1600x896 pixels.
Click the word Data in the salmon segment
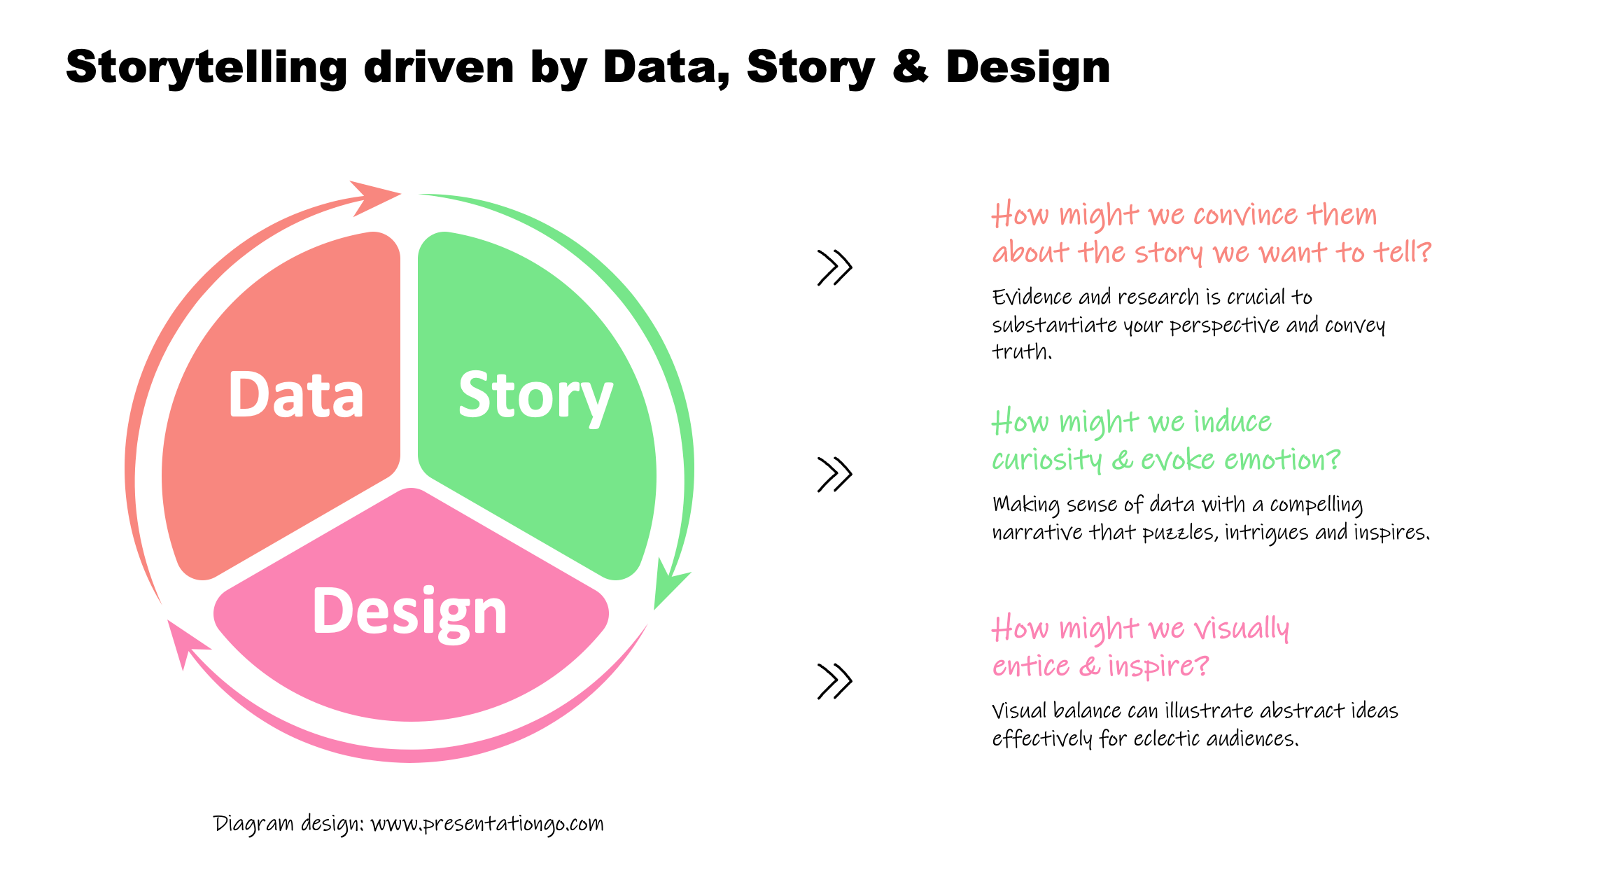tap(296, 395)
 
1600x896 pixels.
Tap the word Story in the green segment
tap(535, 397)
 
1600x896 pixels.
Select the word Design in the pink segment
tap(409, 612)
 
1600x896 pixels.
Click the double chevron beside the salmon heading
tap(834, 267)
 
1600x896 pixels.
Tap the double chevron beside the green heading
tap(834, 475)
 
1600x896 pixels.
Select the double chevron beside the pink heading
tap(834, 681)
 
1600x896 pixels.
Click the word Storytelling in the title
tap(206, 68)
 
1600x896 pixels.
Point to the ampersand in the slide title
tap(910, 68)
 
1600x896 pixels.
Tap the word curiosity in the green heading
tap(1046, 461)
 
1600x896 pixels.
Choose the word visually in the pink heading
tap(1241, 629)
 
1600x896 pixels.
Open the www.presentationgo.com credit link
tap(486, 824)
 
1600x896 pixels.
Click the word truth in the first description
tap(1020, 351)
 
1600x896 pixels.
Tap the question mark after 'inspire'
tap(1202, 666)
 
